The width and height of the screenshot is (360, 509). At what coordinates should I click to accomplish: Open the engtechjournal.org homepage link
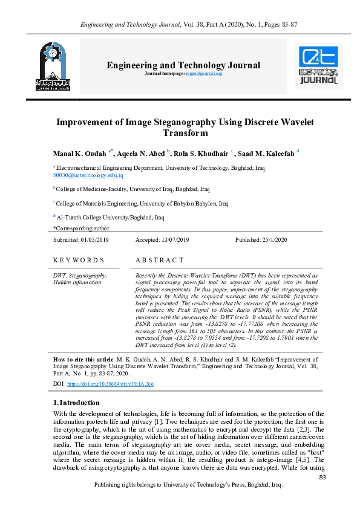click(204, 73)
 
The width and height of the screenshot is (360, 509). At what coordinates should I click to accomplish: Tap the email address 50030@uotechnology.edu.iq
click(88, 175)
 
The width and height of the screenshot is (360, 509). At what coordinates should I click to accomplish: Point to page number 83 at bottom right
click(322, 478)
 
